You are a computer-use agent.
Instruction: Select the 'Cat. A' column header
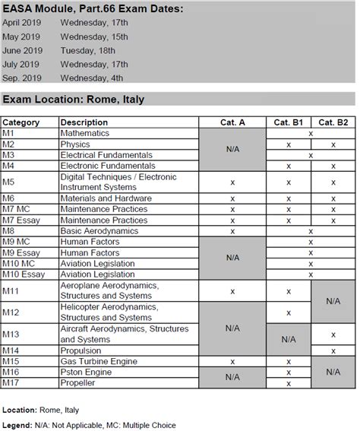click(232, 122)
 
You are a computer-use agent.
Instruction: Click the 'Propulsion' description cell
click(81, 350)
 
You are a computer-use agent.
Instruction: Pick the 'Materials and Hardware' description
click(107, 198)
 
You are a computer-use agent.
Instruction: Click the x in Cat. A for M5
click(232, 182)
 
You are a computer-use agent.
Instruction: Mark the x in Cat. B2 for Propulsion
click(333, 350)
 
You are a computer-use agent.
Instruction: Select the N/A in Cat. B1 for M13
click(289, 334)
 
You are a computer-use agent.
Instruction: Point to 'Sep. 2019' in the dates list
click(22, 78)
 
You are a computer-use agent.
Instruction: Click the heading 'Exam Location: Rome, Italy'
click(74, 100)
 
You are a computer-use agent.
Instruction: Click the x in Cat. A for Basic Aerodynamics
click(232, 230)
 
